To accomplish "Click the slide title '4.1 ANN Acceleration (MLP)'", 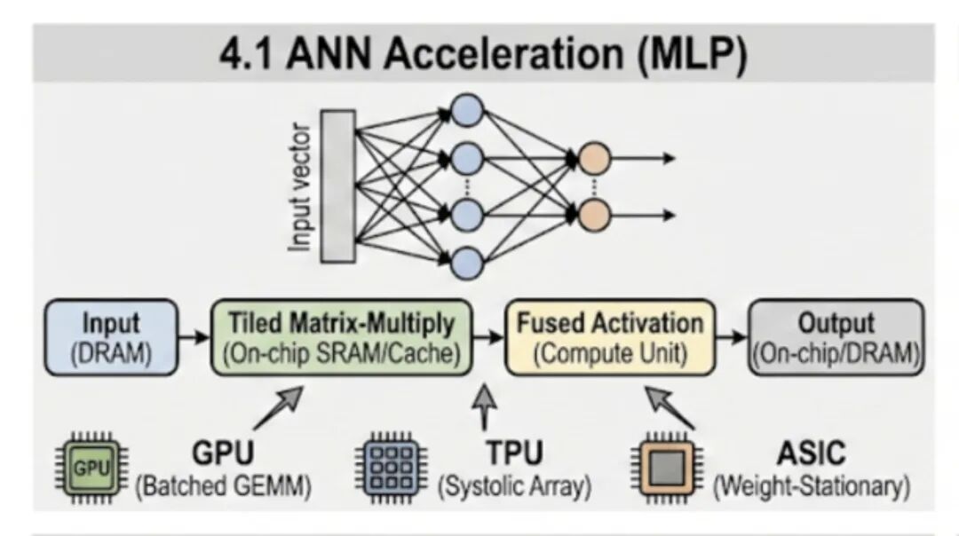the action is [483, 54].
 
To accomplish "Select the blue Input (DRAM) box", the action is [111, 337].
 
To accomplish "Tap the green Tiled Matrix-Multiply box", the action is [341, 337].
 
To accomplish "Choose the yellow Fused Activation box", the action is [610, 337].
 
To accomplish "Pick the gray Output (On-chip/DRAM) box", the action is [836, 337].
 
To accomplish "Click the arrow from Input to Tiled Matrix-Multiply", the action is [194, 336].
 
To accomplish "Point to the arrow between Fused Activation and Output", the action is [732, 336].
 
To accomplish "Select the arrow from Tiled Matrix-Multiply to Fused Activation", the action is [488, 336].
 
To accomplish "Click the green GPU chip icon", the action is [91, 469].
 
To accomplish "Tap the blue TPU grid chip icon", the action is [392, 469].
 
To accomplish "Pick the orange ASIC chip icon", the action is [667, 469].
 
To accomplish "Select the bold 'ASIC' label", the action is [811, 453].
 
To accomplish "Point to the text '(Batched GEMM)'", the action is [223, 486].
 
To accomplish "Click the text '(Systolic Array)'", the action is [514, 486].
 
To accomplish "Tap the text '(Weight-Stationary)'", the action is [812, 486].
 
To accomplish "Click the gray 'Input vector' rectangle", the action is [338, 186].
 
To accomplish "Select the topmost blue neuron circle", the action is [467, 111].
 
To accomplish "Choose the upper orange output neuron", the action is [594, 159].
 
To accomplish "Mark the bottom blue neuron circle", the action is [467, 264].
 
